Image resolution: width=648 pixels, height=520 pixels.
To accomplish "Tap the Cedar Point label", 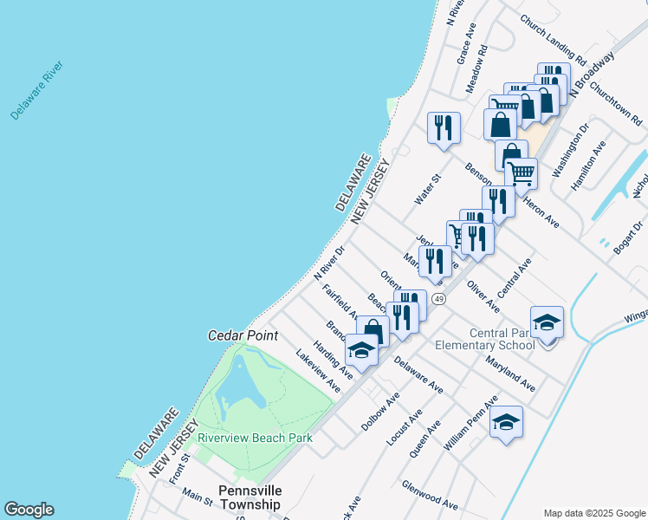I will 243,335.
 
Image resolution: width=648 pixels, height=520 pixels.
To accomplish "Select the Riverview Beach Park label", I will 255,438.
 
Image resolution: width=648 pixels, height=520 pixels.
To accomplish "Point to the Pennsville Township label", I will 249,497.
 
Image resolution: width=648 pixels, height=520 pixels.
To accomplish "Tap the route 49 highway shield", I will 440,299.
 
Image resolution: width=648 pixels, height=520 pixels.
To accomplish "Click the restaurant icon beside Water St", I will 444,127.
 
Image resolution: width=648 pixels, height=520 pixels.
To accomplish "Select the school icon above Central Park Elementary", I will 547,322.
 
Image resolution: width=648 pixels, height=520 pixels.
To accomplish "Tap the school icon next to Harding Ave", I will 361,349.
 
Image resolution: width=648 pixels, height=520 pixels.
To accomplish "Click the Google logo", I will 29,510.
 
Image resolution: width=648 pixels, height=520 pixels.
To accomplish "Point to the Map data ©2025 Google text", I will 593,513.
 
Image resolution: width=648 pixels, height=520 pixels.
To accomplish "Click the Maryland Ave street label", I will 510,370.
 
